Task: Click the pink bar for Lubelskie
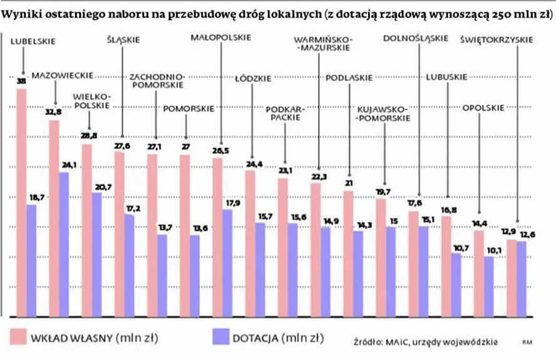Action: click(21, 200)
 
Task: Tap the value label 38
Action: click(21, 81)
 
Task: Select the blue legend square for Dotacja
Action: click(220, 338)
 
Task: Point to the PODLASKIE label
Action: click(349, 78)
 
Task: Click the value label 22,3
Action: click(318, 177)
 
